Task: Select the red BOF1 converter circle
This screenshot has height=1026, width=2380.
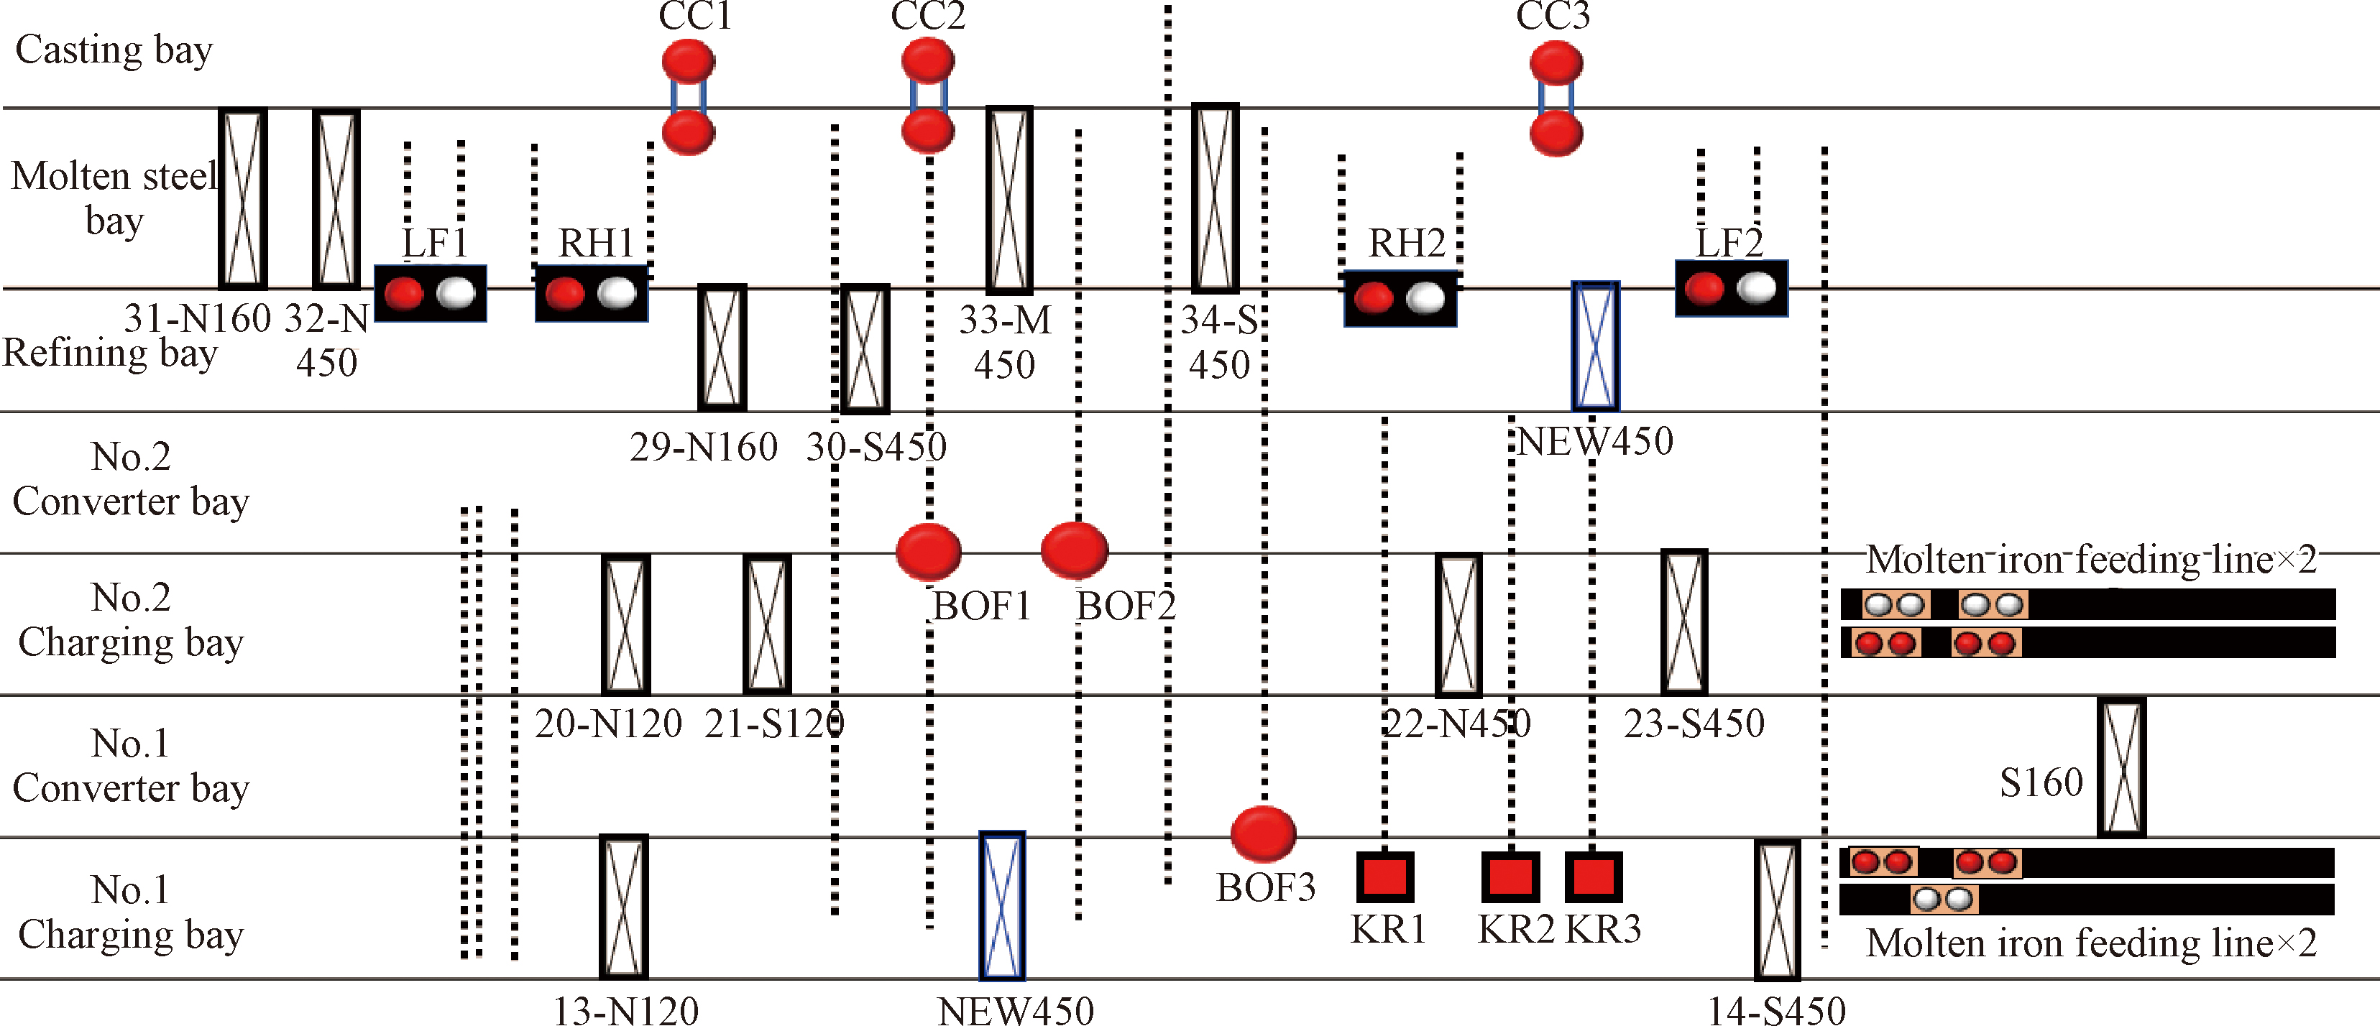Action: click(x=929, y=551)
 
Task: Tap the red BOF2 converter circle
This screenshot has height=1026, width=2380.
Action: click(x=1075, y=550)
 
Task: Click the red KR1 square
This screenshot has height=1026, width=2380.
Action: click(x=1385, y=877)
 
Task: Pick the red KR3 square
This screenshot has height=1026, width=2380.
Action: click(x=1594, y=877)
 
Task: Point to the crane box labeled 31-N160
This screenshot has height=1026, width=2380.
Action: click(x=243, y=198)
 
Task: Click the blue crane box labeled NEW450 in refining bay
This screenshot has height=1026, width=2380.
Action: click(x=1596, y=346)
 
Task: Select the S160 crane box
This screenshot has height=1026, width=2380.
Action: click(x=2121, y=767)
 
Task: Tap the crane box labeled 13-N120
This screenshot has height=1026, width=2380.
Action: click(x=624, y=906)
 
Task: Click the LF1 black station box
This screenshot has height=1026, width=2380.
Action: click(x=431, y=294)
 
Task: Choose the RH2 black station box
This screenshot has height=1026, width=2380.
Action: click(x=1401, y=298)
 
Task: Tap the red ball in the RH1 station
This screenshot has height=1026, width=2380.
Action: click(x=566, y=294)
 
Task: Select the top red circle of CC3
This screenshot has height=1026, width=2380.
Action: click(x=1557, y=63)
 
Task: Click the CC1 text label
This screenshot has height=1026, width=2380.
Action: click(x=695, y=16)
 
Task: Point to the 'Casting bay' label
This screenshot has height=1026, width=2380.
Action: click(x=114, y=50)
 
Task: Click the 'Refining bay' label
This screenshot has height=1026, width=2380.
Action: click(x=110, y=353)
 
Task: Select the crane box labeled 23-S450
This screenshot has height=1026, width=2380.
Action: click(x=1684, y=621)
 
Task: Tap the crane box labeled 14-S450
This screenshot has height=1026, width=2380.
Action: click(x=1778, y=909)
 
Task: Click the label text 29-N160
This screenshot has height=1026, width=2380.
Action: click(x=704, y=447)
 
